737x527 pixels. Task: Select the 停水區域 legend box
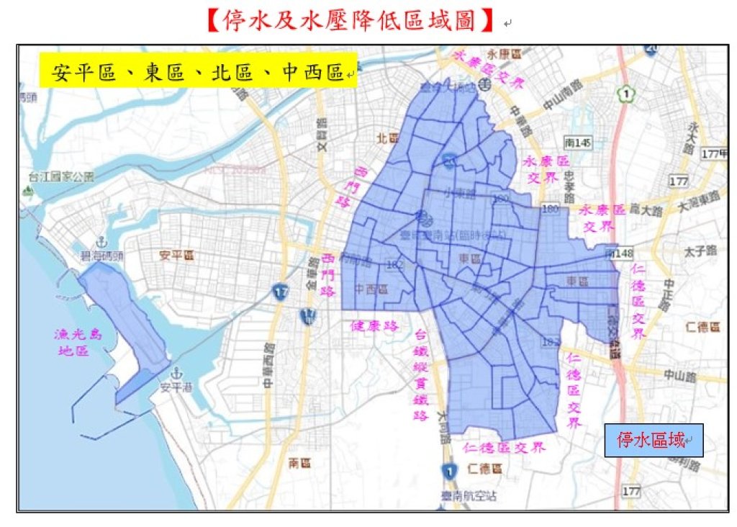click(x=653, y=439)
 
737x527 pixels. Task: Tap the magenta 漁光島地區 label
click(x=72, y=343)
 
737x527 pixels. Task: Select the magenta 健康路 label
click(x=374, y=325)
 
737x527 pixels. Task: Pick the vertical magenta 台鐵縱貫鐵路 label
click(x=421, y=374)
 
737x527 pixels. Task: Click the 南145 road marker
click(x=577, y=144)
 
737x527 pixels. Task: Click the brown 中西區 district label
click(x=371, y=289)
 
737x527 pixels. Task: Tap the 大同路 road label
click(x=441, y=424)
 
